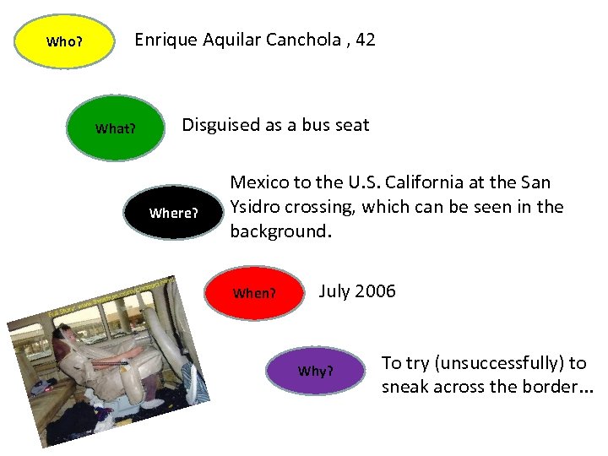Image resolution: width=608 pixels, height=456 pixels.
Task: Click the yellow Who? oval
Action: tap(64, 41)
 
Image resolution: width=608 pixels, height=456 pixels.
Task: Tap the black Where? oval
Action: tap(173, 213)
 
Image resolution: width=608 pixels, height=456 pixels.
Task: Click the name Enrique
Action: tap(166, 40)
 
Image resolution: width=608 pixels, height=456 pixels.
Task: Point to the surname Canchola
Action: tap(307, 40)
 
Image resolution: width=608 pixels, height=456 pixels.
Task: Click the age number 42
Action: tap(365, 40)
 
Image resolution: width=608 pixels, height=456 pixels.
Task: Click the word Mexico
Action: tap(260, 182)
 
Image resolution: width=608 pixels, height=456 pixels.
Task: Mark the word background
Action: tap(277, 231)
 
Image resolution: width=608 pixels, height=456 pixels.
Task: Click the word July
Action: tap(334, 291)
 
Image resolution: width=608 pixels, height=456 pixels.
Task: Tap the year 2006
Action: tap(375, 291)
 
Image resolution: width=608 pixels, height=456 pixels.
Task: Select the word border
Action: tap(549, 388)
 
